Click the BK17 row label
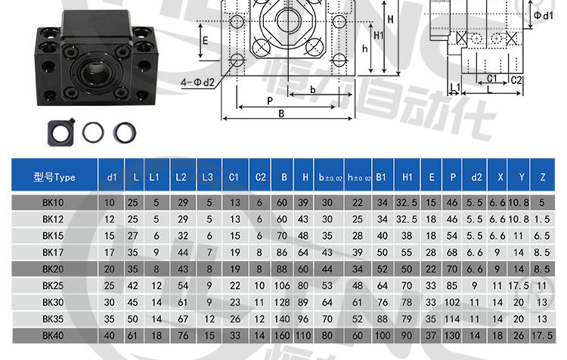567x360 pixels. (x=53, y=252)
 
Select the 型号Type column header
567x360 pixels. (x=54, y=177)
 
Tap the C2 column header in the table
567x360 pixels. (x=260, y=177)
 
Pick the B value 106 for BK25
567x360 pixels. (x=282, y=285)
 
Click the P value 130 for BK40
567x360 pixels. (x=452, y=335)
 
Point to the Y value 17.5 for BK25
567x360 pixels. (x=519, y=285)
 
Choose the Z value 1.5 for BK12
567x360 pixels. (x=542, y=219)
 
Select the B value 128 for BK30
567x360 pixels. (x=282, y=302)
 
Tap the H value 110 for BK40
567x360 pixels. (x=303, y=335)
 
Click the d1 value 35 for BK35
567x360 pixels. (x=109, y=318)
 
